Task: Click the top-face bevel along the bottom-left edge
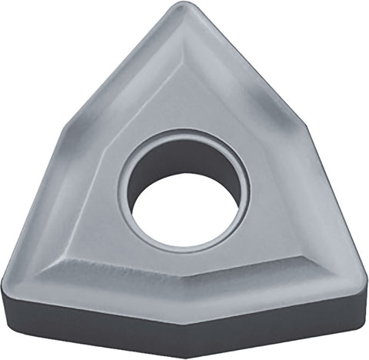click(x=100, y=281)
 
